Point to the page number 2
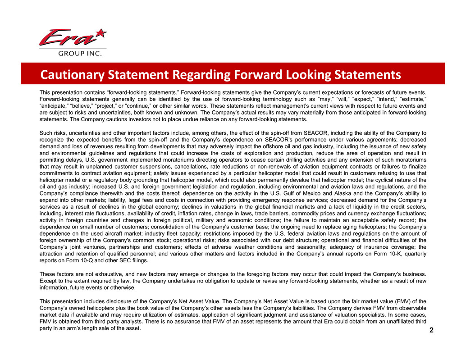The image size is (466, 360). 431,330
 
